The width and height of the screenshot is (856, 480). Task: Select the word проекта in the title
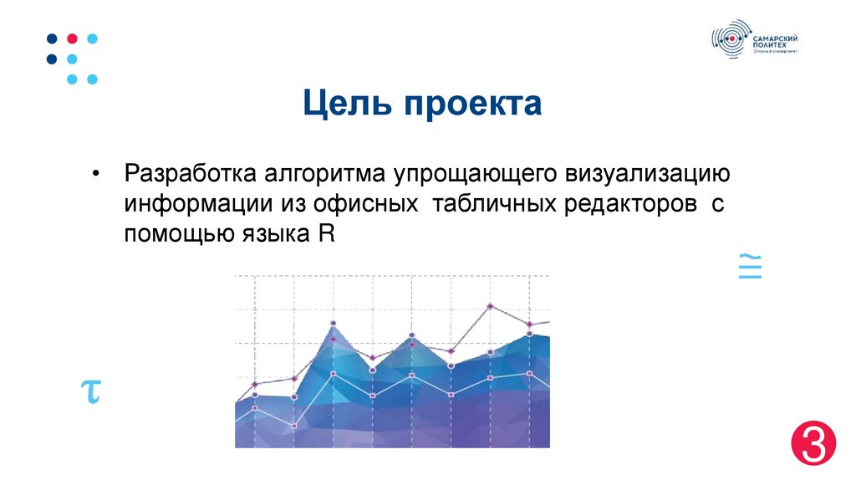(473, 106)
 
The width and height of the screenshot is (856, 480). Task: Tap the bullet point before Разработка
(97, 175)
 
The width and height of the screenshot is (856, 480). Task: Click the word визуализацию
(638, 175)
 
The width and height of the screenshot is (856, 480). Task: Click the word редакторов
(631, 204)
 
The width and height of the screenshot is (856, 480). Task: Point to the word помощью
(177, 234)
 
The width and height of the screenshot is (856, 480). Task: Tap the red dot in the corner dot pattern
(72, 38)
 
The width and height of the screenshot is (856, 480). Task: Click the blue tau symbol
(90, 390)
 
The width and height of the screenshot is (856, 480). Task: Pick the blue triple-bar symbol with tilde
(750, 266)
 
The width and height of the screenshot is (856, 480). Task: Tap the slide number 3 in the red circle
(813, 442)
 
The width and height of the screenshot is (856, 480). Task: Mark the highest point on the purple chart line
(490, 306)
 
